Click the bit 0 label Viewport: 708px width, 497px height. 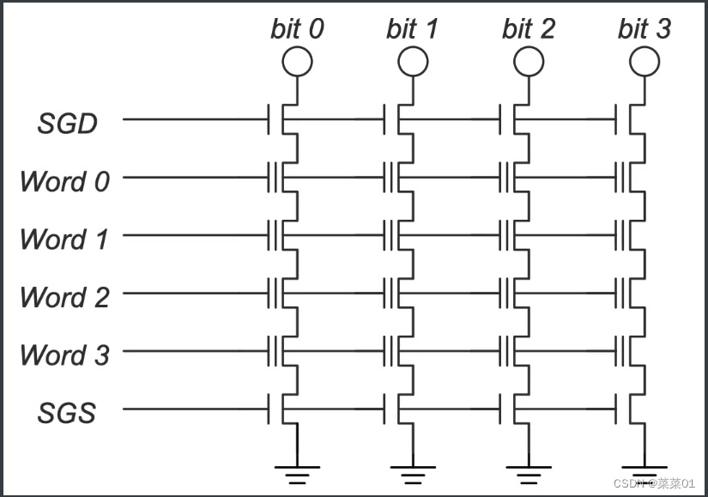[297, 29]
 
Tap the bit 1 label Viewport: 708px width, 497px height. [412, 29]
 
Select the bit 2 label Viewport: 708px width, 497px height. [528, 29]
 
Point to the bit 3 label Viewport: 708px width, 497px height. [644, 29]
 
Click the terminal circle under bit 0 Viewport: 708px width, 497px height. [297, 61]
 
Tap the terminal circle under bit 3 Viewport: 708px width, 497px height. [644, 61]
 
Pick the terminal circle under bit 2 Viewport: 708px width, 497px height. [528, 61]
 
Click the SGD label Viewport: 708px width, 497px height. [67, 124]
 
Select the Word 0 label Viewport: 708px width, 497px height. [64, 181]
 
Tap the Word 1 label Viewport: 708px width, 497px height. [64, 239]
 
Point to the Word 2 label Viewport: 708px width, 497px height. [64, 297]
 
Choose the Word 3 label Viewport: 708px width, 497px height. [64, 355]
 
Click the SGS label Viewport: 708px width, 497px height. [67, 413]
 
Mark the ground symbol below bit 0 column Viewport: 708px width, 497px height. [297, 473]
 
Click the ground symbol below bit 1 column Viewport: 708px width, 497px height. [412, 473]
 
